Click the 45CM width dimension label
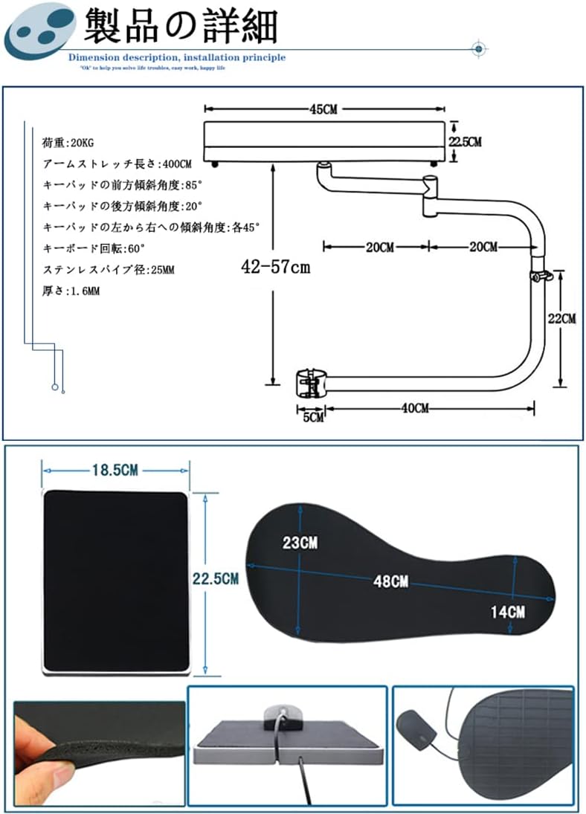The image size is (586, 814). [x=323, y=109]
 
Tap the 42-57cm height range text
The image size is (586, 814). [x=275, y=268]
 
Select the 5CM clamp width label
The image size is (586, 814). [x=314, y=418]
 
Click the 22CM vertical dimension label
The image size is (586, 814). [x=561, y=319]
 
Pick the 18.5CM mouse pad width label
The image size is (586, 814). [x=115, y=471]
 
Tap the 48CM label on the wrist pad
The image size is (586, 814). [x=390, y=581]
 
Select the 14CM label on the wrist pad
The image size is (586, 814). [x=508, y=612]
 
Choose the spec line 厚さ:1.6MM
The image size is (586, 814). [x=71, y=291]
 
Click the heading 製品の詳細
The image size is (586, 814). [x=181, y=28]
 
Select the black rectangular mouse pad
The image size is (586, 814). [x=116, y=581]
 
